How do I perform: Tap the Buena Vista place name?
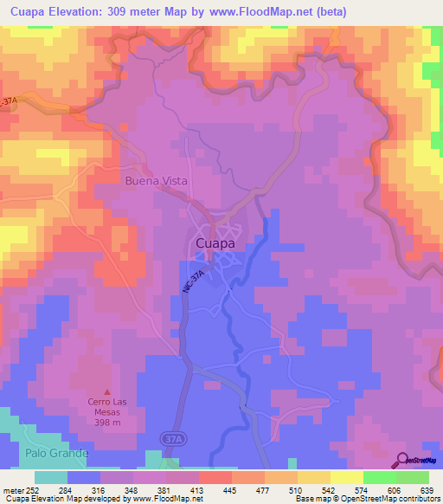pos(155,181)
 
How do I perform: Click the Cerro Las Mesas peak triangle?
pos(107,391)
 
